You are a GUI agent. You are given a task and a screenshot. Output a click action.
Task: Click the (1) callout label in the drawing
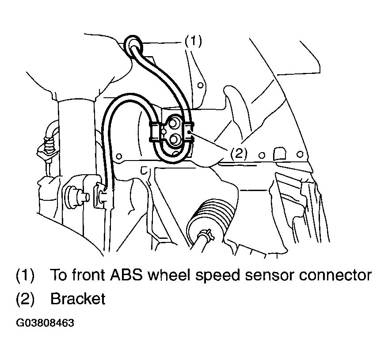click(x=194, y=41)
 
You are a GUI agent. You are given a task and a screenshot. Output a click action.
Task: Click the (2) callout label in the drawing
click(x=239, y=153)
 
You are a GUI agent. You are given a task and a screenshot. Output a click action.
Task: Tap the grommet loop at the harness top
click(x=134, y=45)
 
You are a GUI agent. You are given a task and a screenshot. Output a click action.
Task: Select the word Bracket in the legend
click(x=78, y=299)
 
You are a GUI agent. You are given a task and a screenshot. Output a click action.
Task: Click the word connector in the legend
click(x=335, y=275)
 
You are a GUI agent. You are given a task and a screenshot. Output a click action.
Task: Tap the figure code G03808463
click(x=45, y=323)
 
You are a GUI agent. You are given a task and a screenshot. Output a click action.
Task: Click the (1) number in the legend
click(x=25, y=275)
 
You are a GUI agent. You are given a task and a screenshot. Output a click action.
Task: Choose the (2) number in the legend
click(x=25, y=299)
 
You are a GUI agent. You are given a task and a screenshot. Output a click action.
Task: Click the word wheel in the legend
click(x=170, y=275)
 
